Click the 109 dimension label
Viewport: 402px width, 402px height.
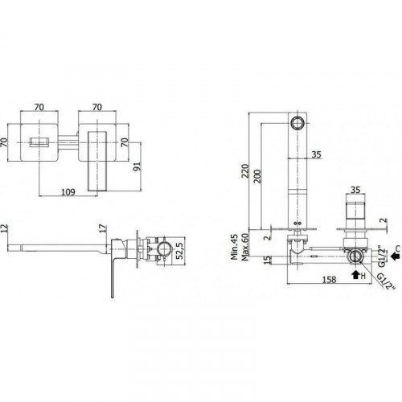point(68,192)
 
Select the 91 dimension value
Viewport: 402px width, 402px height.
point(137,166)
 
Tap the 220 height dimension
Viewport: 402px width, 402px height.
point(245,170)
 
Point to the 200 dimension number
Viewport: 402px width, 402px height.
point(257,176)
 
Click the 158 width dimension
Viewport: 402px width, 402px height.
point(329,280)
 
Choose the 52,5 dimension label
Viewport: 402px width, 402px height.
point(180,251)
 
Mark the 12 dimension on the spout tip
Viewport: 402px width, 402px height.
point(5,228)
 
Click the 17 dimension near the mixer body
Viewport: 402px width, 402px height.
point(103,228)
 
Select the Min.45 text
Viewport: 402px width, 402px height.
point(235,247)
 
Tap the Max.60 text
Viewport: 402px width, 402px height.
point(245,247)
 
